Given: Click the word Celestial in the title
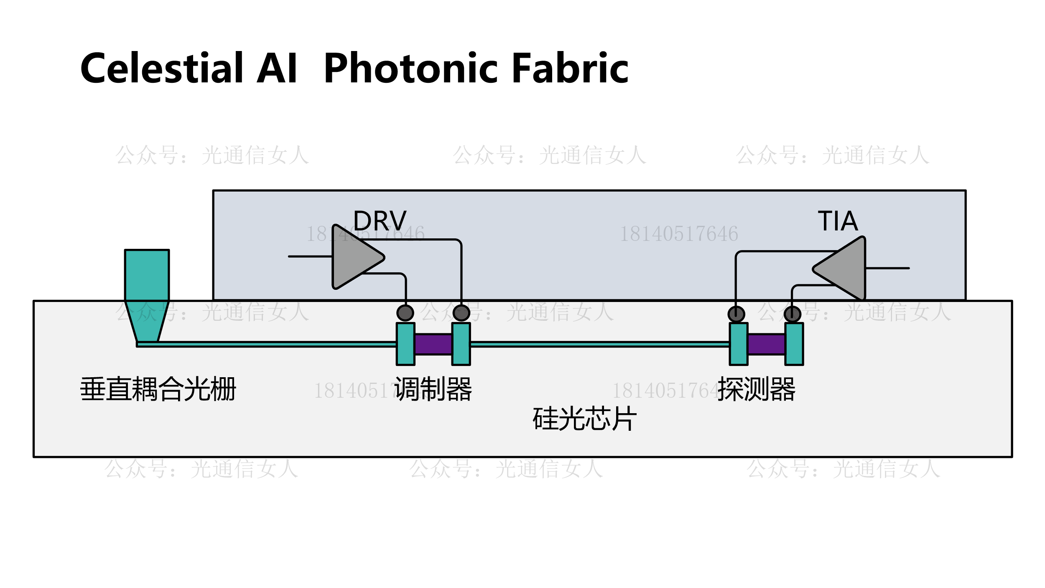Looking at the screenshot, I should (161, 68).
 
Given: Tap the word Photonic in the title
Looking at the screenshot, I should (410, 68).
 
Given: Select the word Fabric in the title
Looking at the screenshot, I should (570, 68).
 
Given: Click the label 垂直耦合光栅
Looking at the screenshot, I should (158, 389).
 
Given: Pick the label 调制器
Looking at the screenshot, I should (433, 389).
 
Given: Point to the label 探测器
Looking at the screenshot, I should (756, 389).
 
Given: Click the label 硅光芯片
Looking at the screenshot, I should (584, 419).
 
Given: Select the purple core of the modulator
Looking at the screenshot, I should (433, 344).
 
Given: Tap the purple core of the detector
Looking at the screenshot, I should (766, 344).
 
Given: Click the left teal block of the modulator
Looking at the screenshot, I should (405, 344).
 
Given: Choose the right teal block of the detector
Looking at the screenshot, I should (794, 344).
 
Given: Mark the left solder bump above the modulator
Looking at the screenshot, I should (405, 313).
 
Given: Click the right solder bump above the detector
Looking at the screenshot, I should (792, 314).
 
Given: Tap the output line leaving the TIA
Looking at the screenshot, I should (887, 268).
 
